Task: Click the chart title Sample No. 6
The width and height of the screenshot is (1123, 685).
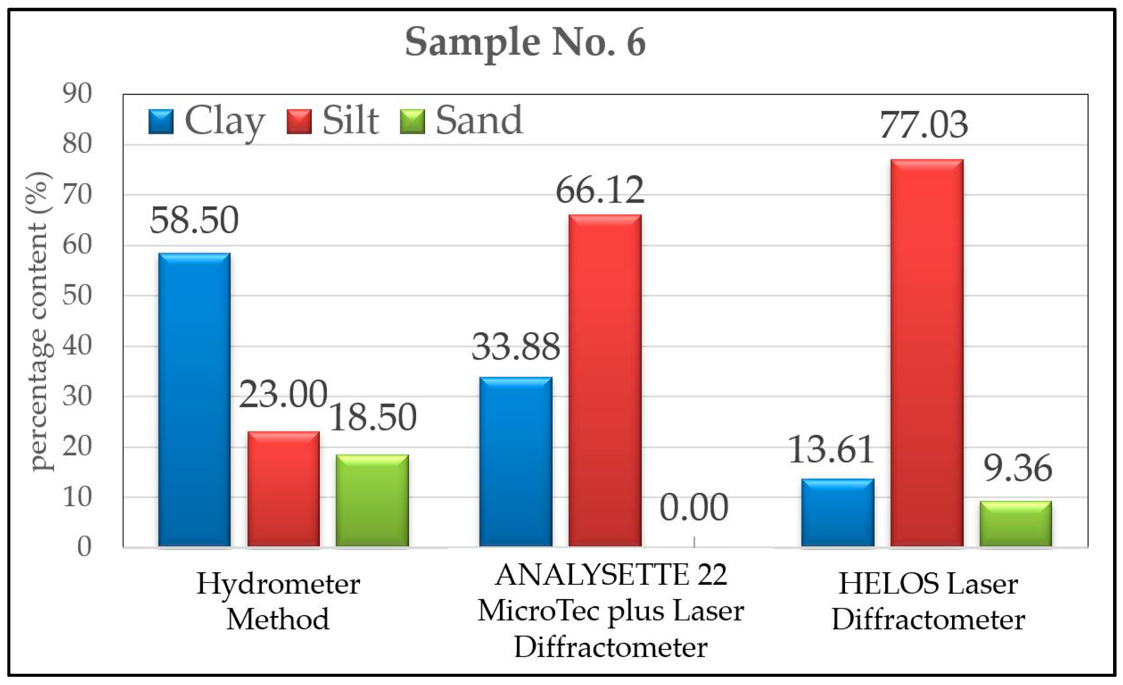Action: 525,42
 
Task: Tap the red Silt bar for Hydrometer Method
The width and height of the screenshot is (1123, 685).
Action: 283,488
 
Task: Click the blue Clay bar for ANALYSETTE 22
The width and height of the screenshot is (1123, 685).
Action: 515,461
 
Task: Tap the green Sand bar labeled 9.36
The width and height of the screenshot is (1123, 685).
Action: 1016,523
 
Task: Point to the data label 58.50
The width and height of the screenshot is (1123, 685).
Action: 194,220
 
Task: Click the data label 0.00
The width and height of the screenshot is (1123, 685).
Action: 694,507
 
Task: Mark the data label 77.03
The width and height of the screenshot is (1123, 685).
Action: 924,125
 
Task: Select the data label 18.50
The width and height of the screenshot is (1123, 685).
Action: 372,417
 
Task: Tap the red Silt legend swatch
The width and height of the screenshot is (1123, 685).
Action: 299,122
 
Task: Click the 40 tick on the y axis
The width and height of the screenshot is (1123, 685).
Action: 77,346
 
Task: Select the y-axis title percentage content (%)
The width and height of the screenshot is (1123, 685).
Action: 40,321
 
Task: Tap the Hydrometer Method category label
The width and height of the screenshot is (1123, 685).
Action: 278,601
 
